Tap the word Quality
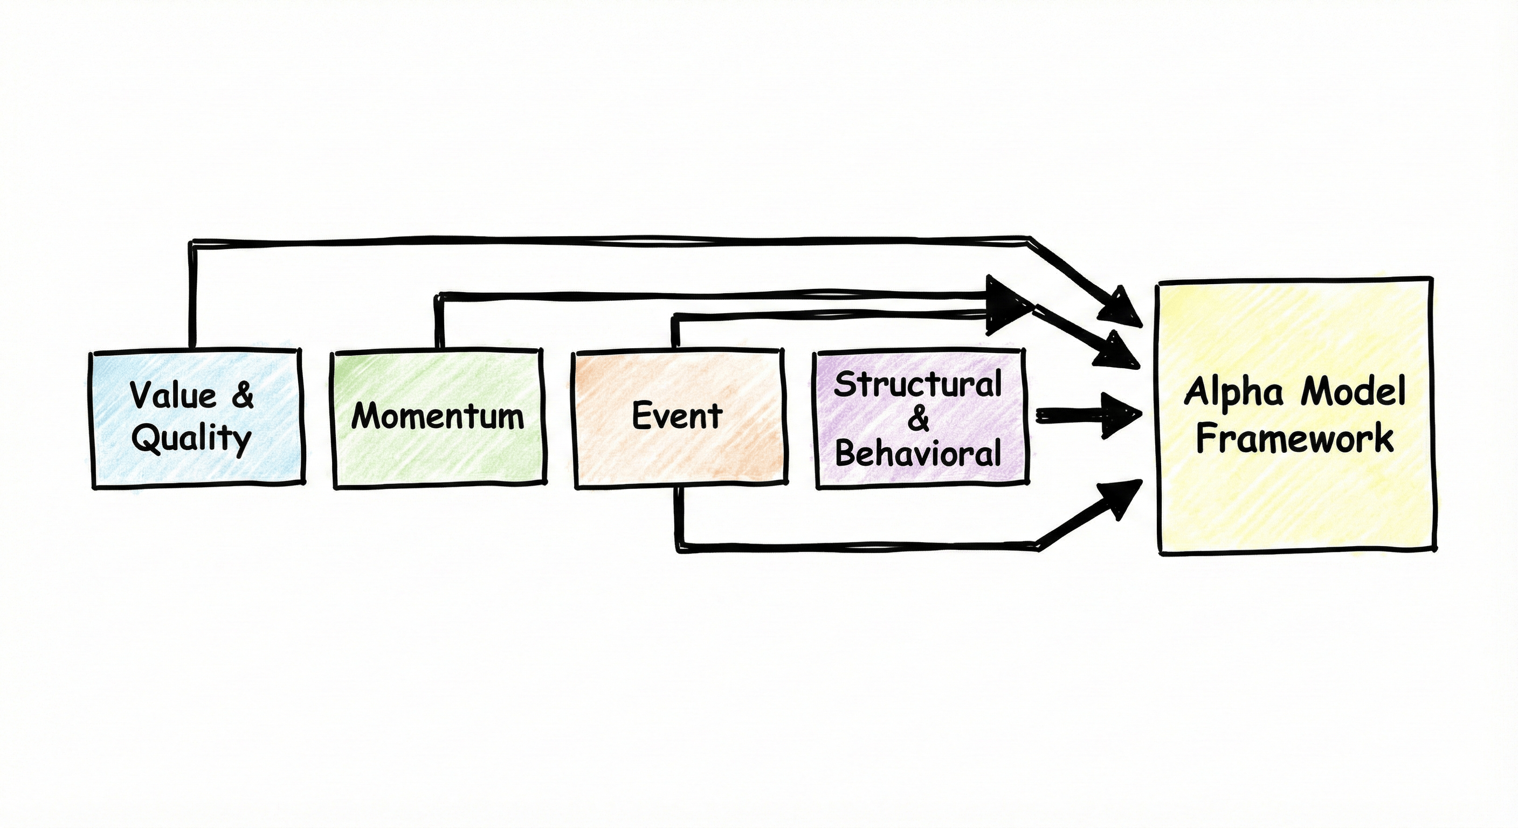[191, 438]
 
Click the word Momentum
[437, 416]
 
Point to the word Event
[677, 416]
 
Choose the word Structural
[917, 384]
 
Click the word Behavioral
[918, 453]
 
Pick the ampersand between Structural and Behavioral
[918, 419]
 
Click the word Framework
[1295, 438]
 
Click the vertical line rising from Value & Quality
[191, 295]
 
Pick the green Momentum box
[438, 460]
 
